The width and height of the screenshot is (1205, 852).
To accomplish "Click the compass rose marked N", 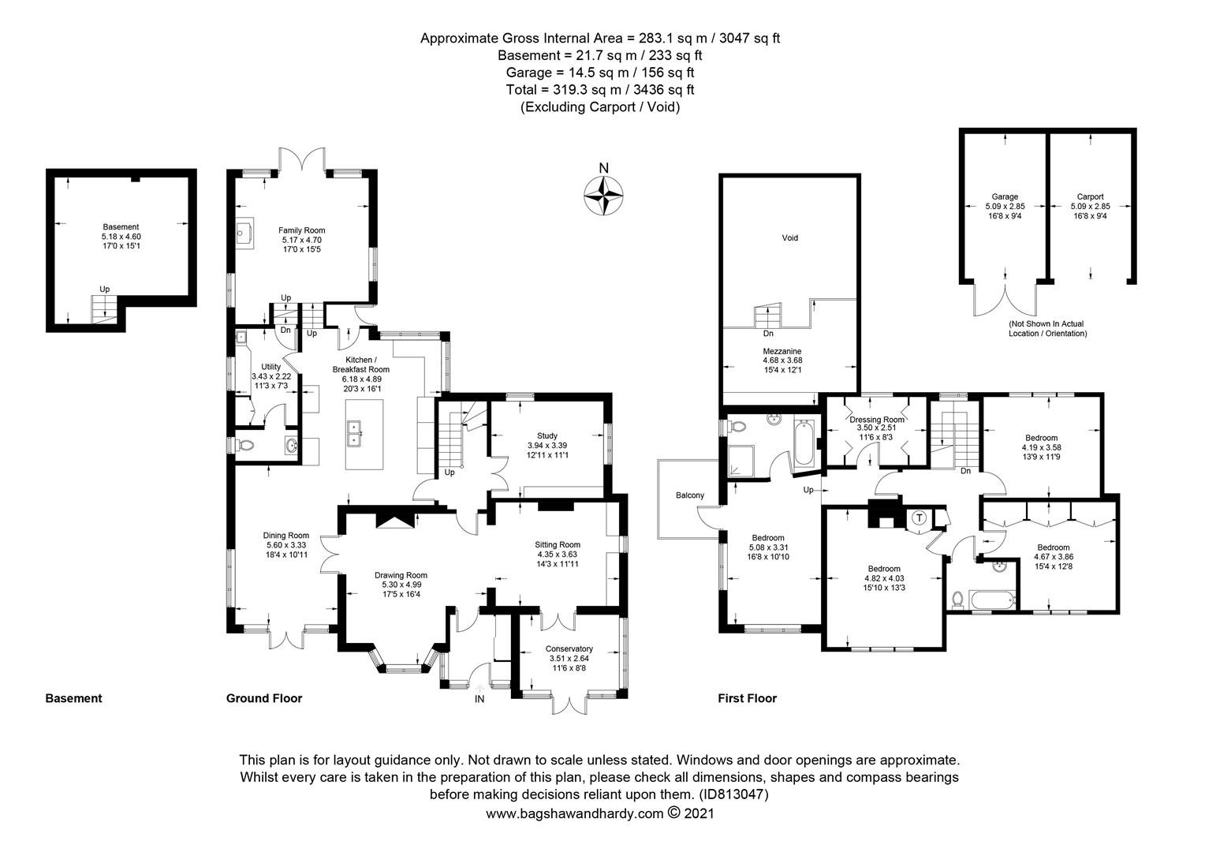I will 603,193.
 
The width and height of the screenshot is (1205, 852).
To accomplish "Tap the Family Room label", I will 301,230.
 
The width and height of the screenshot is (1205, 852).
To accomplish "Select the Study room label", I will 547,435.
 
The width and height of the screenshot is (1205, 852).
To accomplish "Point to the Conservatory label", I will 569,649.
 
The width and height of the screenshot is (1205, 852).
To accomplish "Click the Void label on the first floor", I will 789,237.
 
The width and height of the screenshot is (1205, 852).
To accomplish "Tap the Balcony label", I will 689,495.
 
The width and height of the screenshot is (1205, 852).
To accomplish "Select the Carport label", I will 1090,197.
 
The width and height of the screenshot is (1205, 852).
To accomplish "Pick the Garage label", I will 1005,197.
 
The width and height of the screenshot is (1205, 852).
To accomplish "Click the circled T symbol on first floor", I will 919,518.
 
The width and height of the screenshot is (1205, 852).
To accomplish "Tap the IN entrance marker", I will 479,699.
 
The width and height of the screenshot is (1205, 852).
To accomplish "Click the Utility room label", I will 270,367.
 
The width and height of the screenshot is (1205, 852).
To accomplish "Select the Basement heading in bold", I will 73,698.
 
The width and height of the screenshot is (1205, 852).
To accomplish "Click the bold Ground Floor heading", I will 264,698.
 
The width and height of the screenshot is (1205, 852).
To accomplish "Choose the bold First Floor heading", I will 747,698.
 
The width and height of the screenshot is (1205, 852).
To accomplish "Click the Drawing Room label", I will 401,575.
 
